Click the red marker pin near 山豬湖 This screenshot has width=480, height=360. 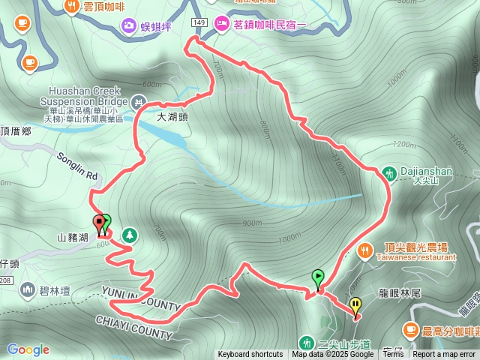click(97, 223)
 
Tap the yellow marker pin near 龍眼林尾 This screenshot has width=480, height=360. click(355, 305)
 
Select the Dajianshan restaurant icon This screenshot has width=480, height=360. click(388, 172)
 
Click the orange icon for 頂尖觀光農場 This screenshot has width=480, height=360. click(364, 249)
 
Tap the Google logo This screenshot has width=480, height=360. click(28, 349)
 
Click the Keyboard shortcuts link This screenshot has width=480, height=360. click(250, 355)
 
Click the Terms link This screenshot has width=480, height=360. click(392, 355)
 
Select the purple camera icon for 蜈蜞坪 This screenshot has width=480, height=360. click(130, 26)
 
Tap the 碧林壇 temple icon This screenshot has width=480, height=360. click(28, 289)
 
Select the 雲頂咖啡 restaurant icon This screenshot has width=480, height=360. click(72, 6)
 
